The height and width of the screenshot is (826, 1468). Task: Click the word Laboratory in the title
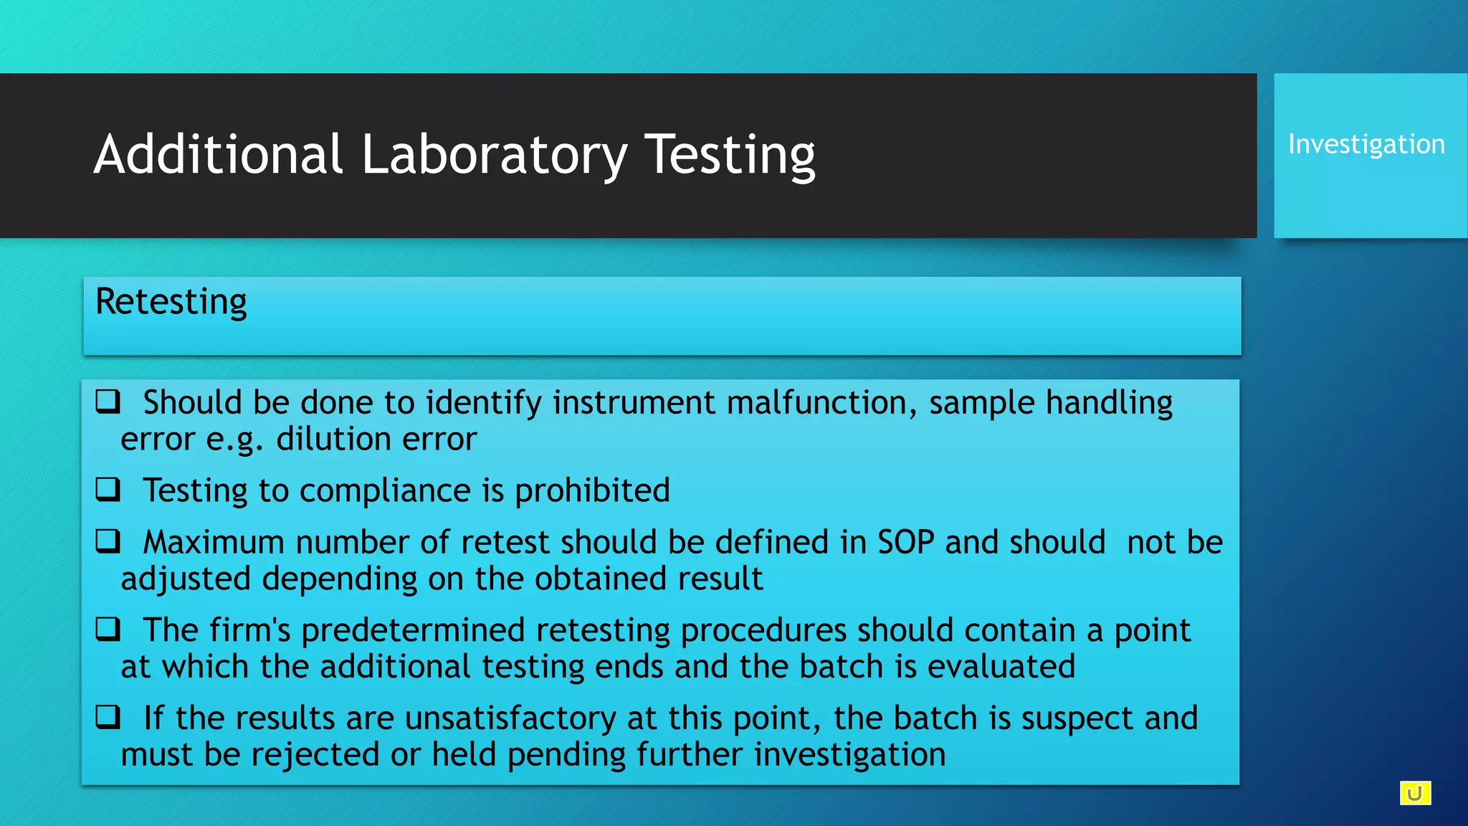(x=494, y=155)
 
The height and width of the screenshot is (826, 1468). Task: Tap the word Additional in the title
(x=218, y=155)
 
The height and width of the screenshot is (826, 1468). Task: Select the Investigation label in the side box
(x=1366, y=145)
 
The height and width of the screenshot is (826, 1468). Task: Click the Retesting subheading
(x=171, y=302)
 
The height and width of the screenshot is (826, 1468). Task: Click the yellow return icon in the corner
(x=1415, y=793)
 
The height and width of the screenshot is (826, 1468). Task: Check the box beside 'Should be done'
(x=108, y=402)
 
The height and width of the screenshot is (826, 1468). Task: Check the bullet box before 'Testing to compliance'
(x=108, y=490)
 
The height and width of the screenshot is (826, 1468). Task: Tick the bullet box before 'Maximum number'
(x=108, y=541)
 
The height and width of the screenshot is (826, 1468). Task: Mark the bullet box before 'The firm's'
(x=108, y=630)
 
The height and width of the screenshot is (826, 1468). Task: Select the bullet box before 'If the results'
(x=108, y=717)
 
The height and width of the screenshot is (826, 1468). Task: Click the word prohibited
(x=592, y=490)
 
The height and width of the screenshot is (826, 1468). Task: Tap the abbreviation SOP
(x=905, y=542)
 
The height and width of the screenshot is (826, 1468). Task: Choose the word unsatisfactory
(x=510, y=718)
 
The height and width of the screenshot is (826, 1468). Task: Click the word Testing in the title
(x=730, y=155)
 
